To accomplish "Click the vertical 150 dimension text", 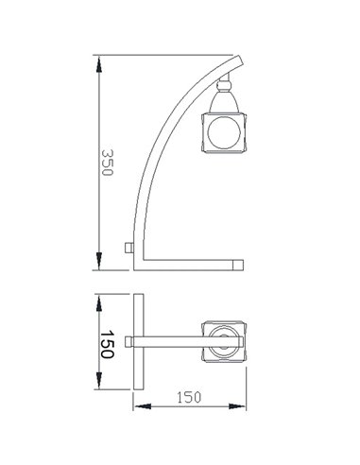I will (107, 344).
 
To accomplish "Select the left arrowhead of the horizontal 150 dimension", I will (137, 407).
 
